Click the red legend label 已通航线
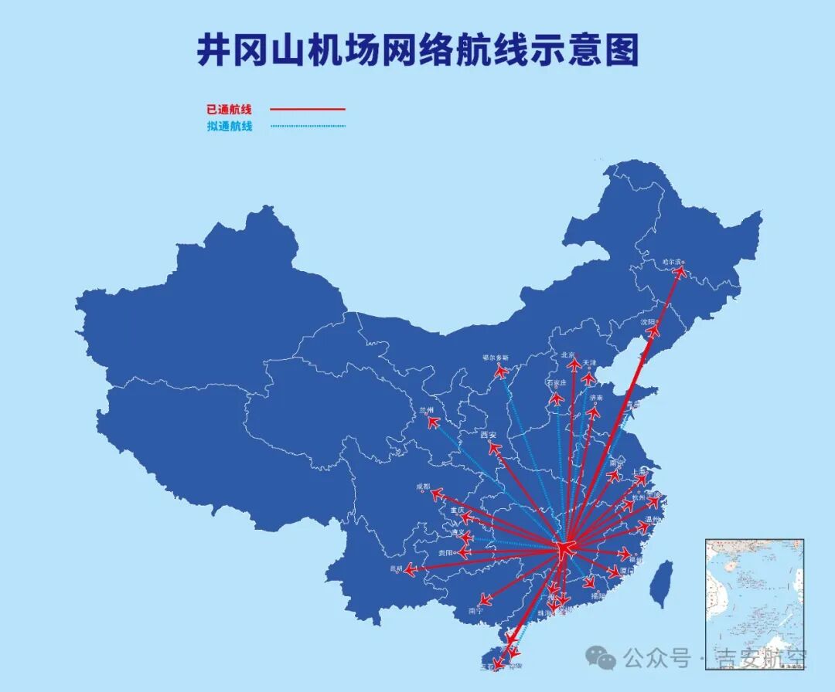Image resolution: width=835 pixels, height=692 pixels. click(x=229, y=110)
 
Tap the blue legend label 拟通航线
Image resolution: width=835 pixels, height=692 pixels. click(x=229, y=127)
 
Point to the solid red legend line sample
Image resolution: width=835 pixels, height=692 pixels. click(x=307, y=110)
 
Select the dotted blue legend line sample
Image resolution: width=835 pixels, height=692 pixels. click(x=307, y=126)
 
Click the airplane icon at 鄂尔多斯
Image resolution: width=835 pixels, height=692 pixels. click(x=500, y=372)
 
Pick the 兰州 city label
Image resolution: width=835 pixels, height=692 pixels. click(x=427, y=411)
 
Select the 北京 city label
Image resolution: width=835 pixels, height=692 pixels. click(x=569, y=355)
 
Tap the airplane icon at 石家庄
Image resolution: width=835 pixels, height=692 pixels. click(x=556, y=399)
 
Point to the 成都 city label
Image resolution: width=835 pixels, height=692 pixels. click(x=423, y=487)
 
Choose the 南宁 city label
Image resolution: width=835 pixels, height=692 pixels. click(x=475, y=610)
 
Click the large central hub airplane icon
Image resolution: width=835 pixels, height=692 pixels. click(x=566, y=550)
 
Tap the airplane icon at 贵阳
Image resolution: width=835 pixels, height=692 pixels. click(x=463, y=552)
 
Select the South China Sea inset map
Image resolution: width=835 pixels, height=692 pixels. click(x=754, y=595)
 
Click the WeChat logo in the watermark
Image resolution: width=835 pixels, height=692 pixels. click(x=601, y=658)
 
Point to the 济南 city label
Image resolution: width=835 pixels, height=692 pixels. click(x=595, y=398)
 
